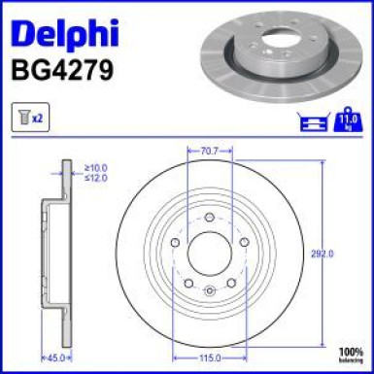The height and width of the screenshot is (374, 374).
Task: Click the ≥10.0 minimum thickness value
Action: point(96,167)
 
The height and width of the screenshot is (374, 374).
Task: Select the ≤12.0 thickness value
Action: point(96,178)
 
